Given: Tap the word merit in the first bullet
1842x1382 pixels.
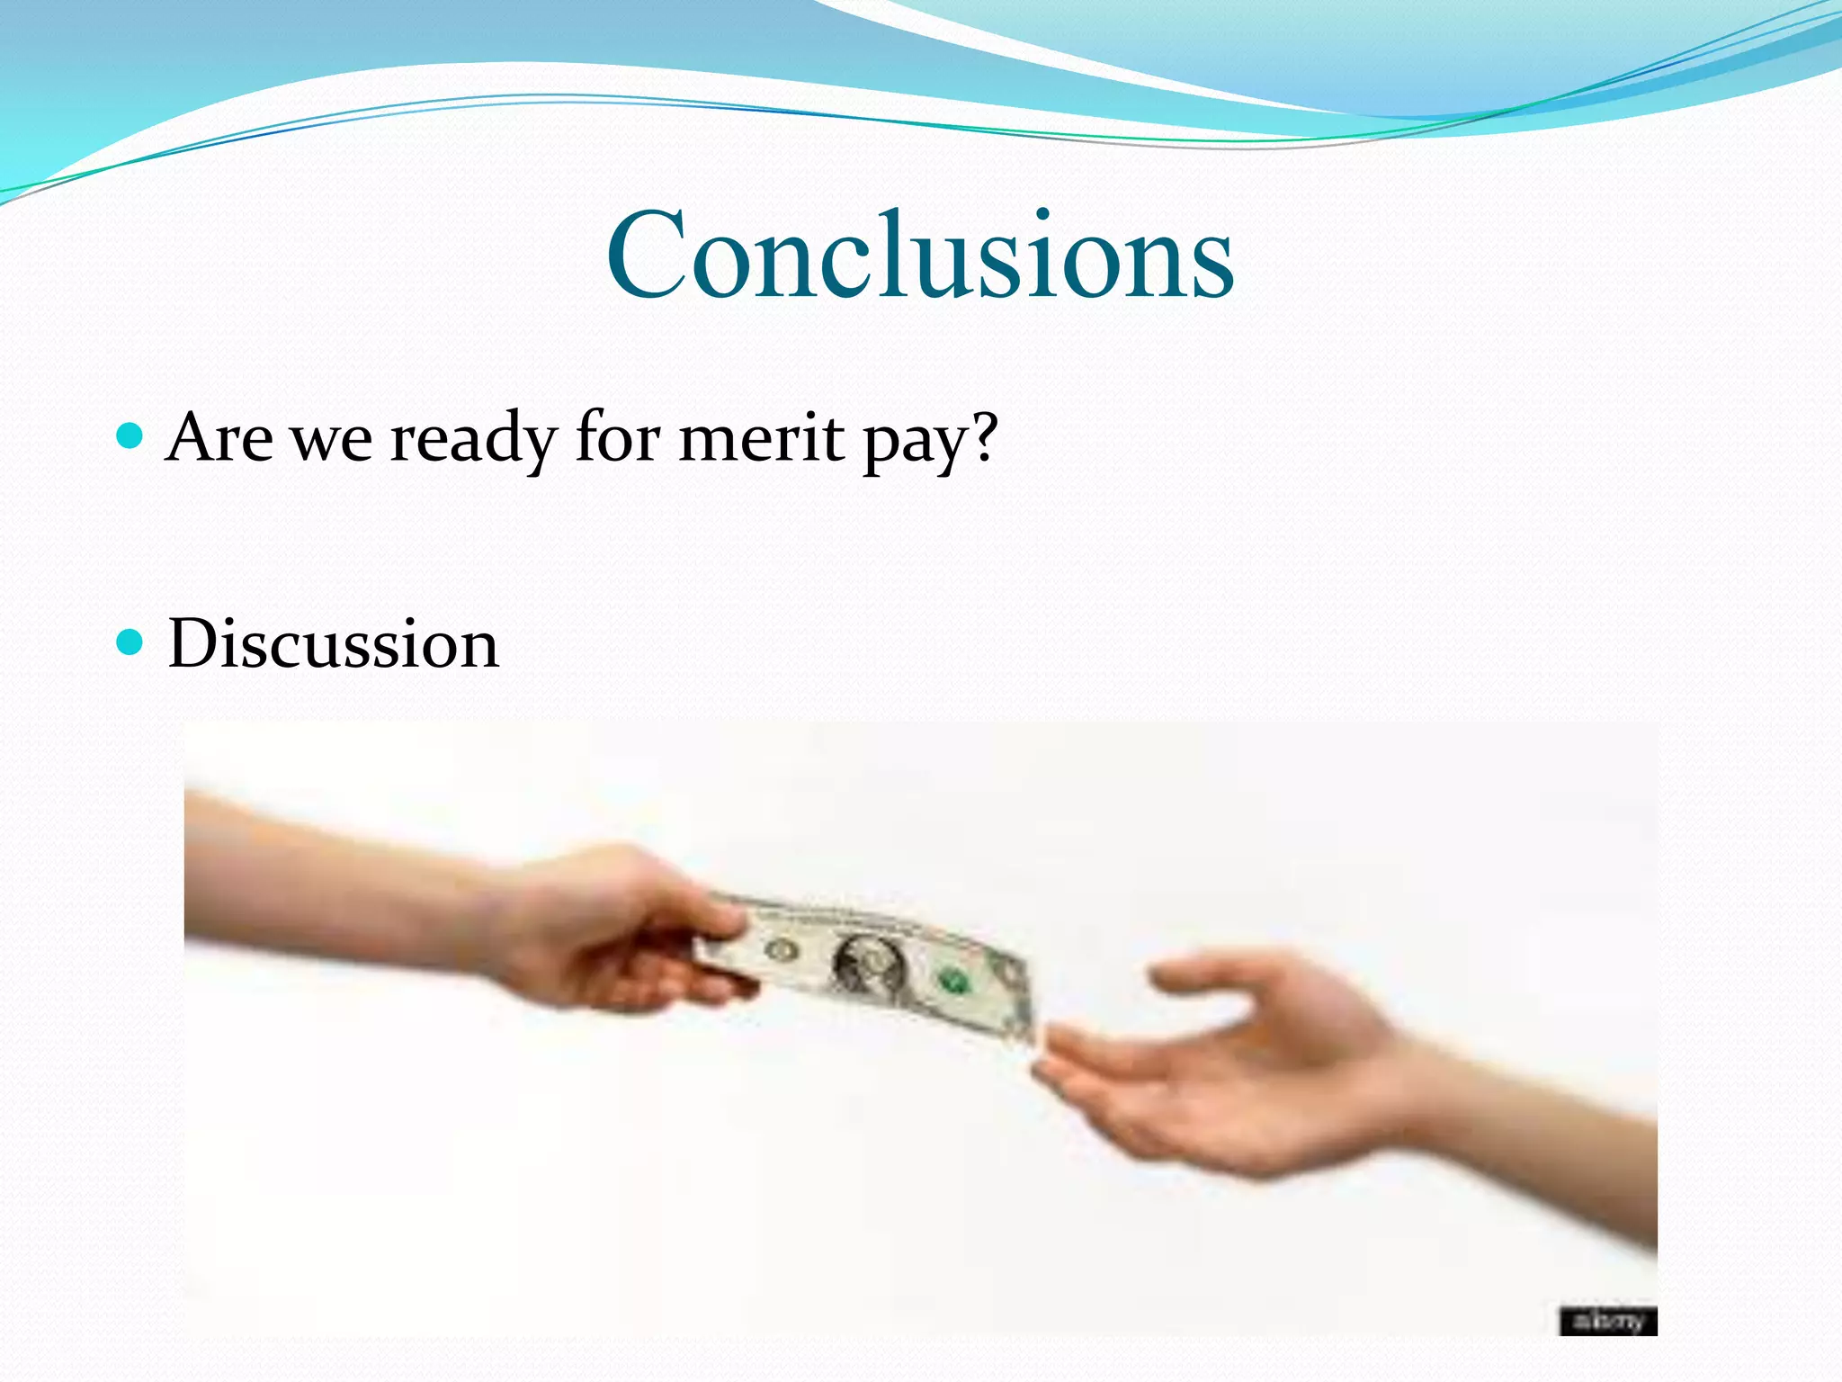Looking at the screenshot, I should pos(761,438).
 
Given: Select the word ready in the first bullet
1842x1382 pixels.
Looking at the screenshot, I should pos(473,438).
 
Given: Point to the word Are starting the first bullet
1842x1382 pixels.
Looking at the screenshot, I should pos(219,438).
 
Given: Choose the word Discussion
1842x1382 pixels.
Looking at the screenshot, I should pos(333,644).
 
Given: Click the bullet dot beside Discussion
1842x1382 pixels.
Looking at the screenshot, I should pos(130,642).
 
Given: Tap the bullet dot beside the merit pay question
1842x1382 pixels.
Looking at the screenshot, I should pos(130,437).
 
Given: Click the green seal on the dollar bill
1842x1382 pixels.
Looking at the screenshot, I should pos(952,979).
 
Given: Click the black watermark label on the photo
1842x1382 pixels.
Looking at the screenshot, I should pos(1607,1321).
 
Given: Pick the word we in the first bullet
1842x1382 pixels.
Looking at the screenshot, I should pos(332,438).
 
